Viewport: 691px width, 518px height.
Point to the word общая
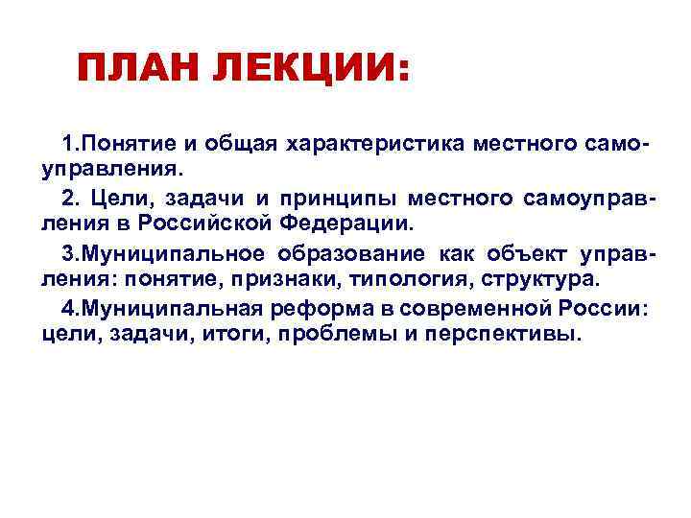point(240,144)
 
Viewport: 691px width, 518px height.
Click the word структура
point(540,280)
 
